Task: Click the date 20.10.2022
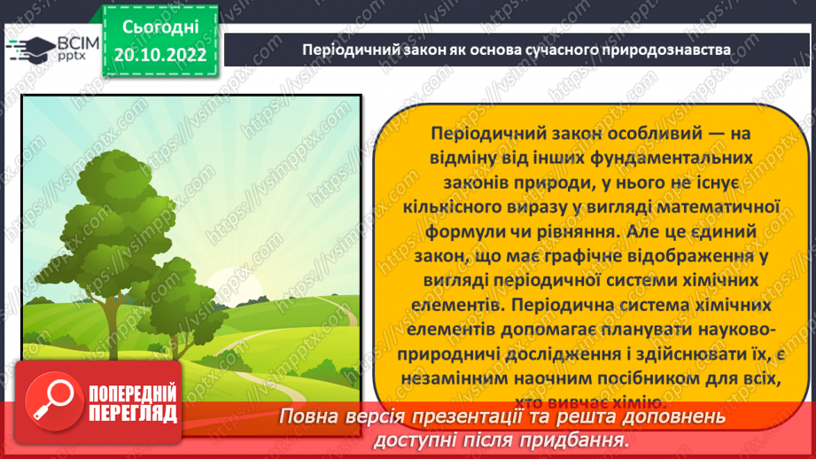tap(160, 55)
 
